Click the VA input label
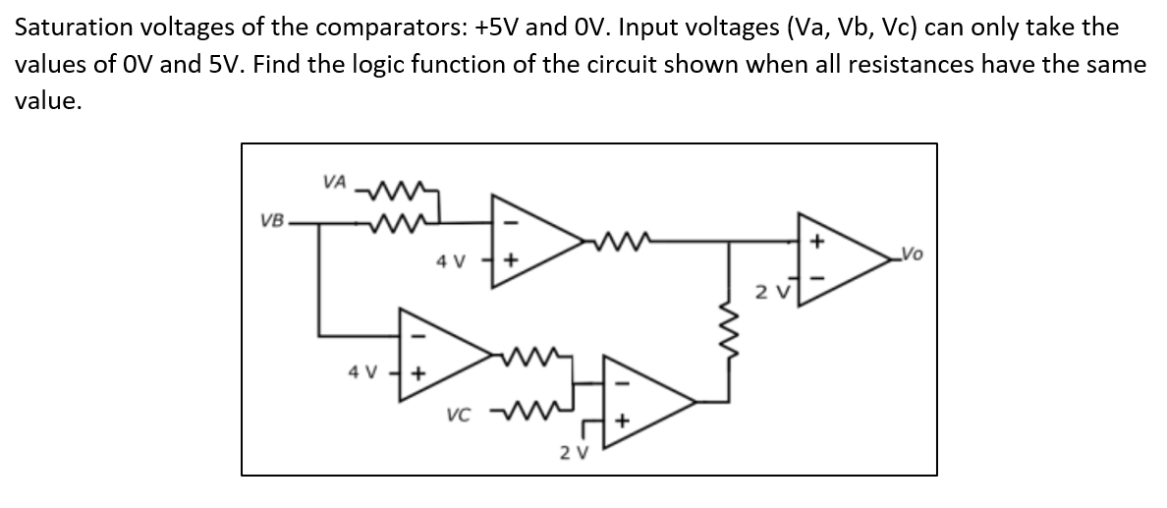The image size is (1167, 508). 334,182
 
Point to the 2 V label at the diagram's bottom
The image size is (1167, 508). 573,452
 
